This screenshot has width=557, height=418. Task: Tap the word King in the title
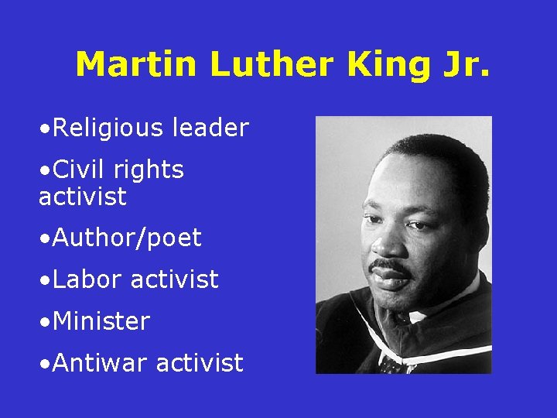pos(386,65)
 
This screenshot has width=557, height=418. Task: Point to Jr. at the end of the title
pos(461,65)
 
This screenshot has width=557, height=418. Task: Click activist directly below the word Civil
pos(82,197)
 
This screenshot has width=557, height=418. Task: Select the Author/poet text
pos(122,238)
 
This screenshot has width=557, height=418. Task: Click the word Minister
pos(101,320)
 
